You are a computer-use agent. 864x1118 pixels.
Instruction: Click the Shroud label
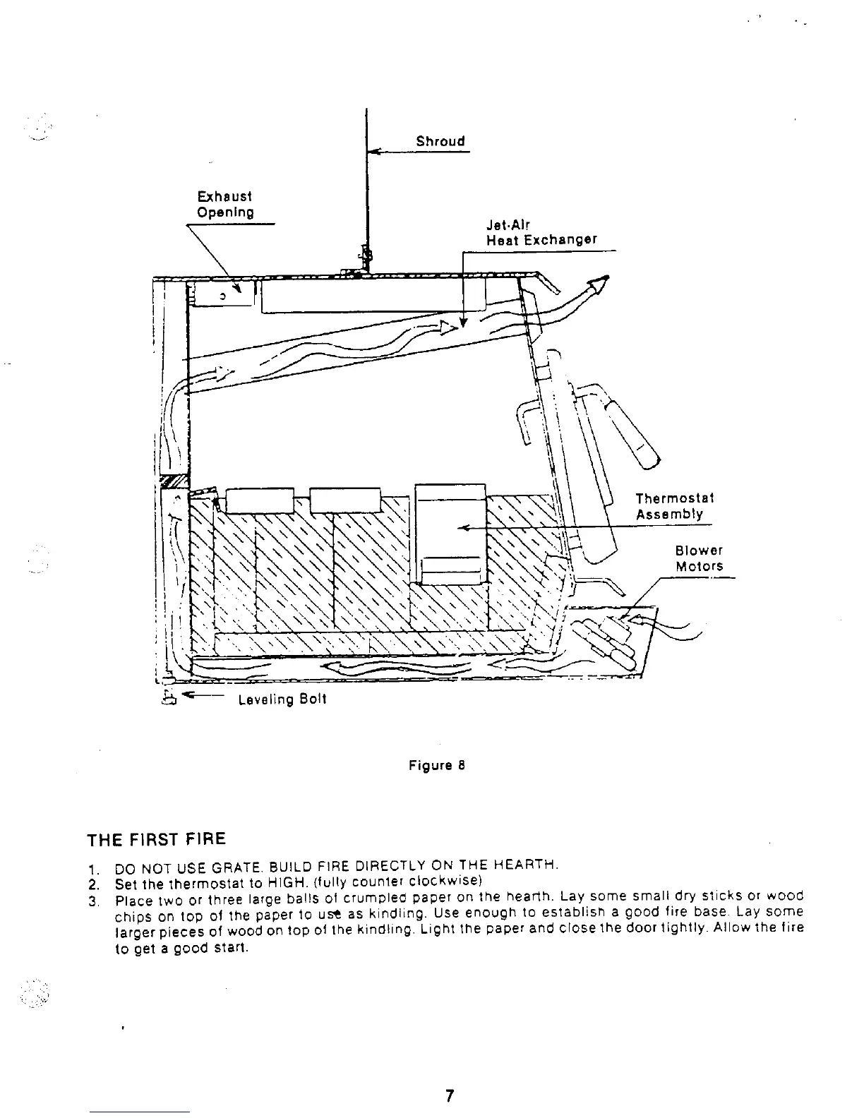click(440, 141)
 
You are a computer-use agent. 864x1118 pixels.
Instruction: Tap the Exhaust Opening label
click(224, 204)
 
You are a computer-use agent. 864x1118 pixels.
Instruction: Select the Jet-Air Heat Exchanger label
click(541, 233)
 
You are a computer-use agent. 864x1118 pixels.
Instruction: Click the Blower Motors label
click(699, 558)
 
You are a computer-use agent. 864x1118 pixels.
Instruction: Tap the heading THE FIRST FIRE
click(156, 839)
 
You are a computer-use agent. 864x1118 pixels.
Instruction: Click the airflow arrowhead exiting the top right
click(599, 284)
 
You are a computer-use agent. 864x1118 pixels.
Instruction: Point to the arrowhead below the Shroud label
click(375, 150)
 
